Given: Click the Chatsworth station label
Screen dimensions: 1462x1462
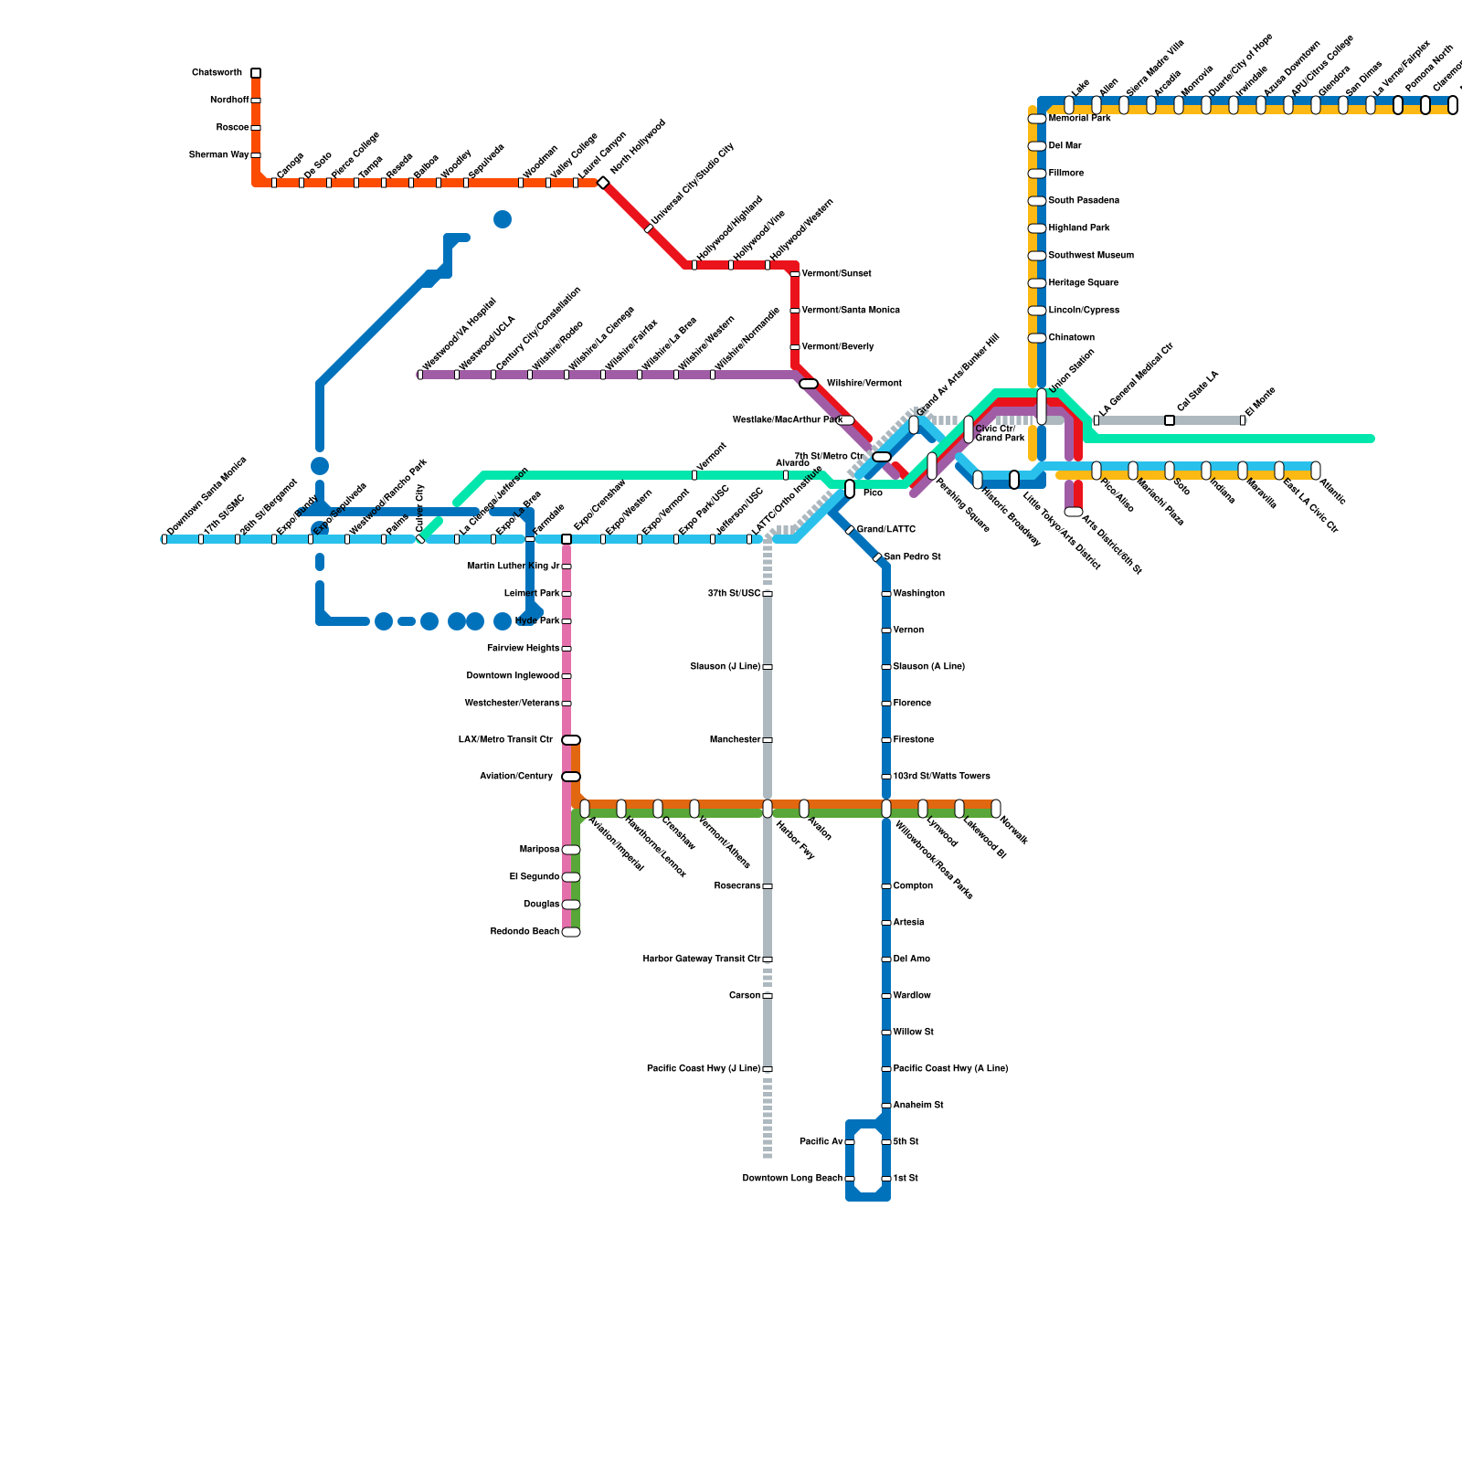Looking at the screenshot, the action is (x=217, y=73).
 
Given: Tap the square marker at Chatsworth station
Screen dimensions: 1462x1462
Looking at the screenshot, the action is (x=256, y=73).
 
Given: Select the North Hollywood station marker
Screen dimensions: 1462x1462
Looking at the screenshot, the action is (x=603, y=183).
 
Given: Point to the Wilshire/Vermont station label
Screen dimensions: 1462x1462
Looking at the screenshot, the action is (x=863, y=384).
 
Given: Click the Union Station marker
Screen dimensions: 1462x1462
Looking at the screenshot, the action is (x=1042, y=407).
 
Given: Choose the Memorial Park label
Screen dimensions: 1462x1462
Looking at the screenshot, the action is (x=1079, y=119).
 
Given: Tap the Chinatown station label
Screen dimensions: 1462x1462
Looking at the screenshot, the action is (x=1071, y=338).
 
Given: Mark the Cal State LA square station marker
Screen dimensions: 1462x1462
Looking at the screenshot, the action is (x=1170, y=420).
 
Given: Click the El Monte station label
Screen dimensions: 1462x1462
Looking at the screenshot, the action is (x=1260, y=403).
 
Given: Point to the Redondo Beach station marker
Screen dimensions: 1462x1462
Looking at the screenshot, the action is (x=571, y=932).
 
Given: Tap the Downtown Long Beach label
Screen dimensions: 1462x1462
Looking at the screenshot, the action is (x=792, y=1179).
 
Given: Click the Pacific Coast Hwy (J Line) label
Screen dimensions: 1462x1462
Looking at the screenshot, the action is (x=704, y=1069).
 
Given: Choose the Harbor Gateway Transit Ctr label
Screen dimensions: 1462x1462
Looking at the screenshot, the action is (x=702, y=959).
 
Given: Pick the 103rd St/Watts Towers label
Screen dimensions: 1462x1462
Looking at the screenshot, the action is (x=941, y=777).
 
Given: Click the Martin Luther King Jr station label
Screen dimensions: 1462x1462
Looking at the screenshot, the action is (x=514, y=567).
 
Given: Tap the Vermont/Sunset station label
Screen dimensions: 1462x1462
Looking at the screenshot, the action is (x=836, y=274).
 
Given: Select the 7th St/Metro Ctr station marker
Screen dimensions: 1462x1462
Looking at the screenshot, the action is (x=882, y=457).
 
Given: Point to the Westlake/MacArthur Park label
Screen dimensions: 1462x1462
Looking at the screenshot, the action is (x=787, y=420).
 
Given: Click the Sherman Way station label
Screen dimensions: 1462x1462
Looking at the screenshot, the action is (x=219, y=155).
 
